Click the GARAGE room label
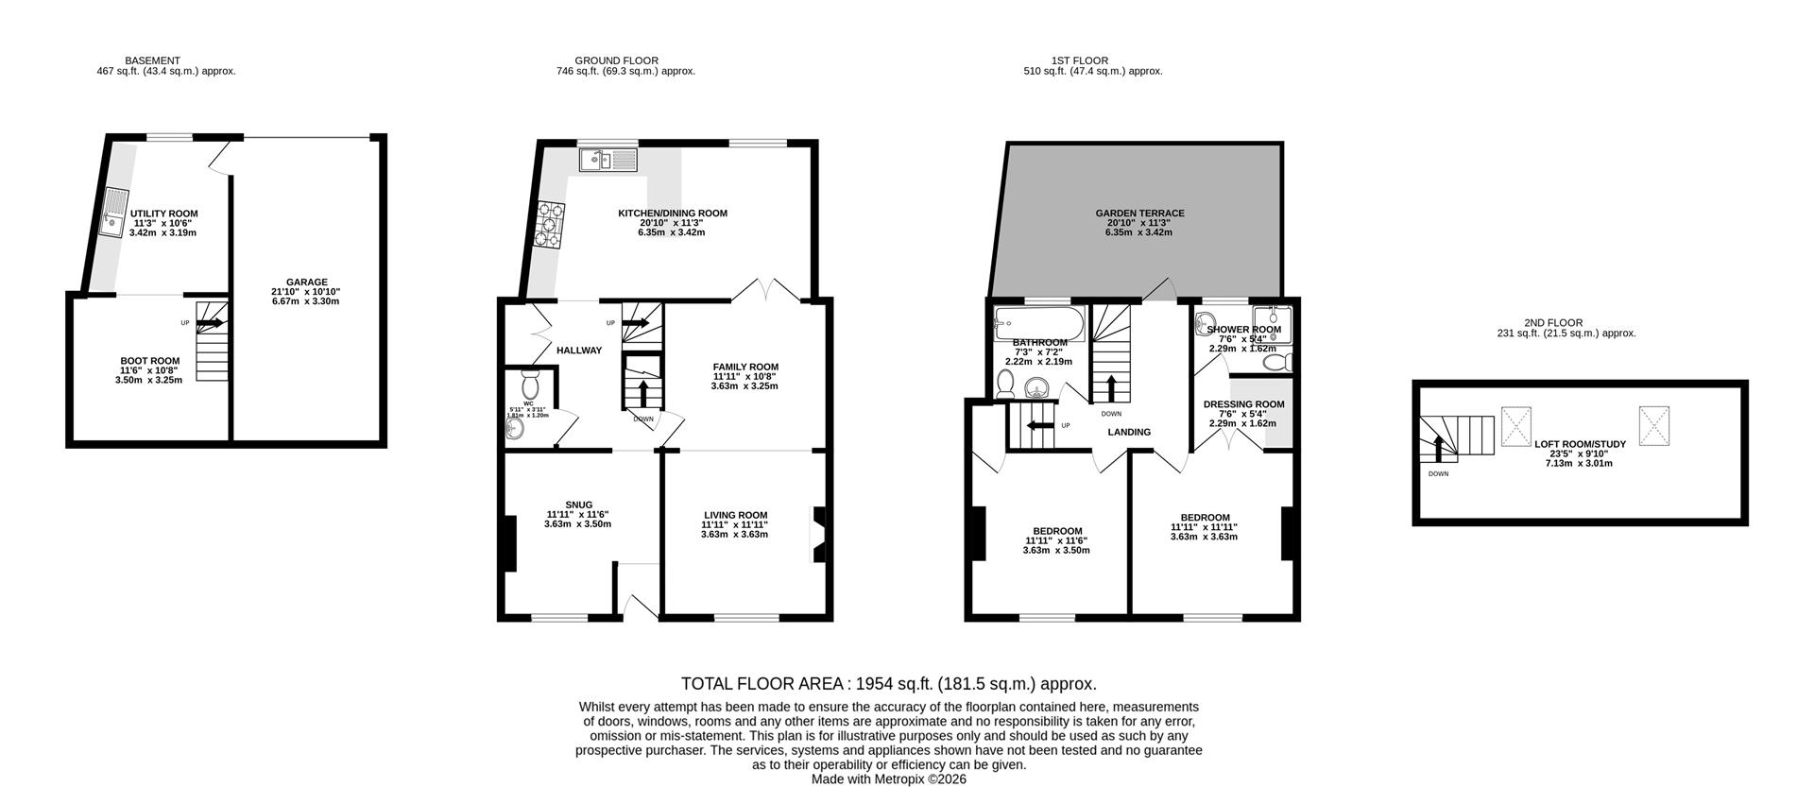tap(306, 282)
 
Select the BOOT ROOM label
tap(149, 361)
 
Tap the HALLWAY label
tap(578, 351)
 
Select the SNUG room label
tap(577, 505)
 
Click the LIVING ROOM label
tap(734, 515)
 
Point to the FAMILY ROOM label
tap(744, 368)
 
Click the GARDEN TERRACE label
tap(1139, 214)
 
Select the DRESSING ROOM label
tap(1242, 404)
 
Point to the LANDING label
tap(1129, 433)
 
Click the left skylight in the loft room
tap(1516, 425)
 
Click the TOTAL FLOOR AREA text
tap(888, 683)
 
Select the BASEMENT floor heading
tap(152, 60)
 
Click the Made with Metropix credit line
tap(888, 779)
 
